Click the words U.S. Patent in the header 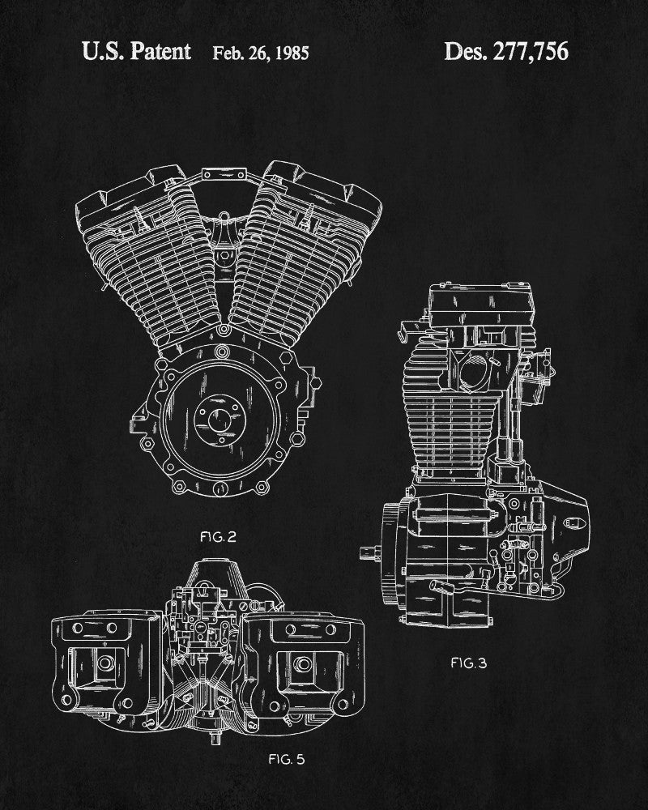tap(136, 51)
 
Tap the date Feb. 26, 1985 tap(261, 53)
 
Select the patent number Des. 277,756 tap(506, 51)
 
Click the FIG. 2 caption tap(218, 537)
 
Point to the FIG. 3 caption tap(468, 663)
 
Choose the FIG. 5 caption tap(286, 759)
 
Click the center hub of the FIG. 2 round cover tap(220, 419)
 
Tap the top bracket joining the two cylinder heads tap(224, 174)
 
